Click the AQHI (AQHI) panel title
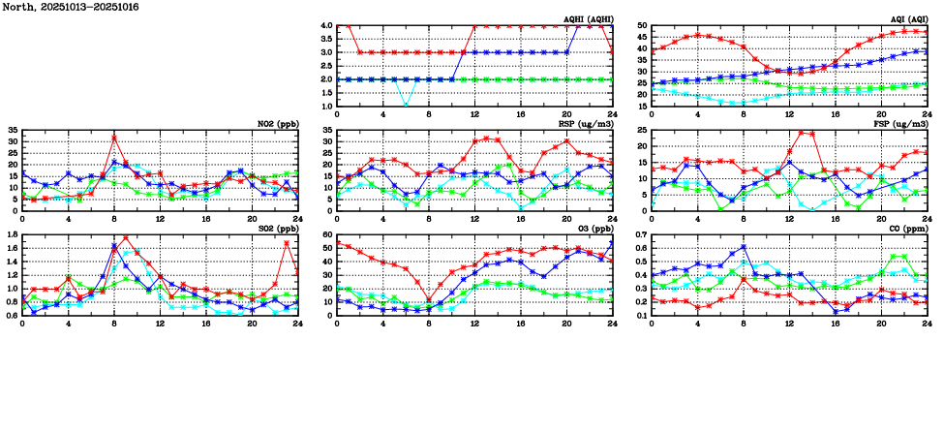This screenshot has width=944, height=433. tap(584, 19)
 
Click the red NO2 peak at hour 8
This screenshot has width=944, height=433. tap(114, 138)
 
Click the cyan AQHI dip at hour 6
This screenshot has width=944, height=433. tap(406, 106)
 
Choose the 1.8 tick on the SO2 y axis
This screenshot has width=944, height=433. tap(13, 234)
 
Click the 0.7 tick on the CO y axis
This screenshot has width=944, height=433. tap(641, 234)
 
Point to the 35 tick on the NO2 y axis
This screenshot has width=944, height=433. tap(13, 130)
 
